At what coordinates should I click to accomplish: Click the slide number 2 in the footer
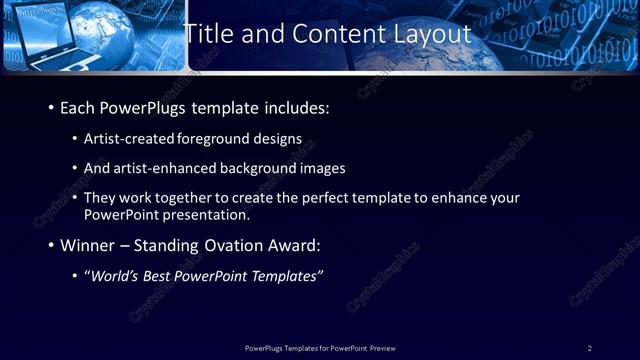tap(589, 348)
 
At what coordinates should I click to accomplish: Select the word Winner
tap(91, 245)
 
